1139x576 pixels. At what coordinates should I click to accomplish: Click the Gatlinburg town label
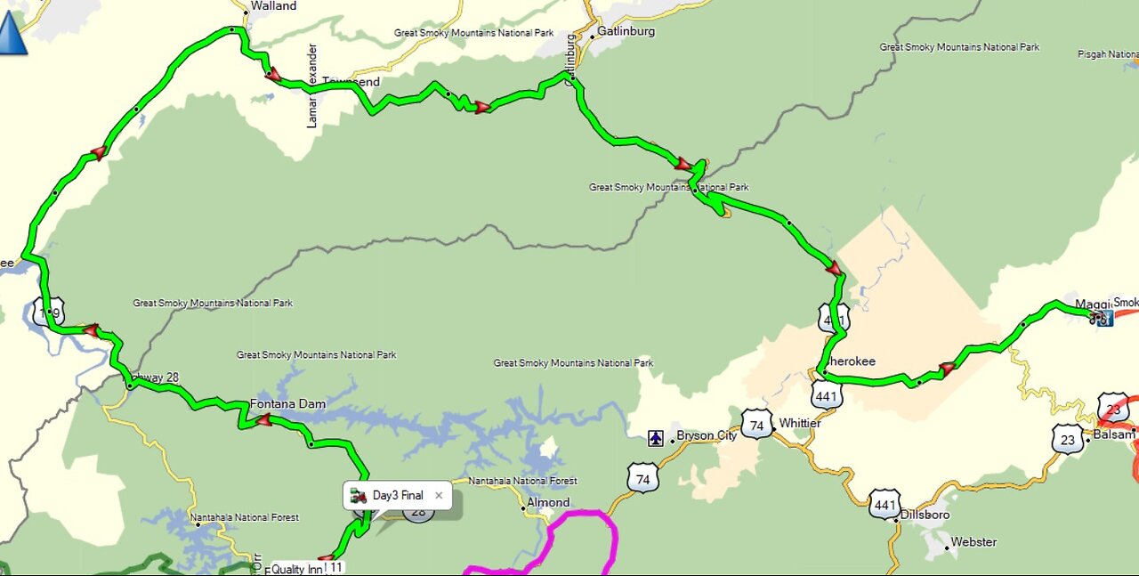click(626, 31)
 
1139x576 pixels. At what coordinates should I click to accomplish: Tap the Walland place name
click(273, 6)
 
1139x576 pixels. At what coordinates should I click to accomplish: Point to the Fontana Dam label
click(287, 403)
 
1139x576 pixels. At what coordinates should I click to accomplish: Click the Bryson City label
click(707, 435)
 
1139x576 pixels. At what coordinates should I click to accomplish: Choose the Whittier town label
click(799, 423)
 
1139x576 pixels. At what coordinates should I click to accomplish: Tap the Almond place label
click(548, 502)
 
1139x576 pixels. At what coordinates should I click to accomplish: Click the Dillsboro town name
click(925, 515)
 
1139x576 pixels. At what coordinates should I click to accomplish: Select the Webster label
click(973, 541)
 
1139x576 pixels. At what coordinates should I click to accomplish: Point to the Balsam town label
click(1114, 434)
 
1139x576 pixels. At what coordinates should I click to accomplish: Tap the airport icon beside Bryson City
click(656, 437)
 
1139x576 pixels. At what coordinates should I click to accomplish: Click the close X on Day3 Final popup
click(439, 495)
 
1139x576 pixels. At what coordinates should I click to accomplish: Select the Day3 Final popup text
click(398, 495)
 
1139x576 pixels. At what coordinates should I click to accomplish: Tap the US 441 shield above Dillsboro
click(884, 503)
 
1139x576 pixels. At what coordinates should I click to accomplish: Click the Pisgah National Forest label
click(1107, 54)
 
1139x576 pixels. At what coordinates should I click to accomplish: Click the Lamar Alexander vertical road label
click(312, 85)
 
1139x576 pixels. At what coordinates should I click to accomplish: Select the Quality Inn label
click(298, 569)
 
